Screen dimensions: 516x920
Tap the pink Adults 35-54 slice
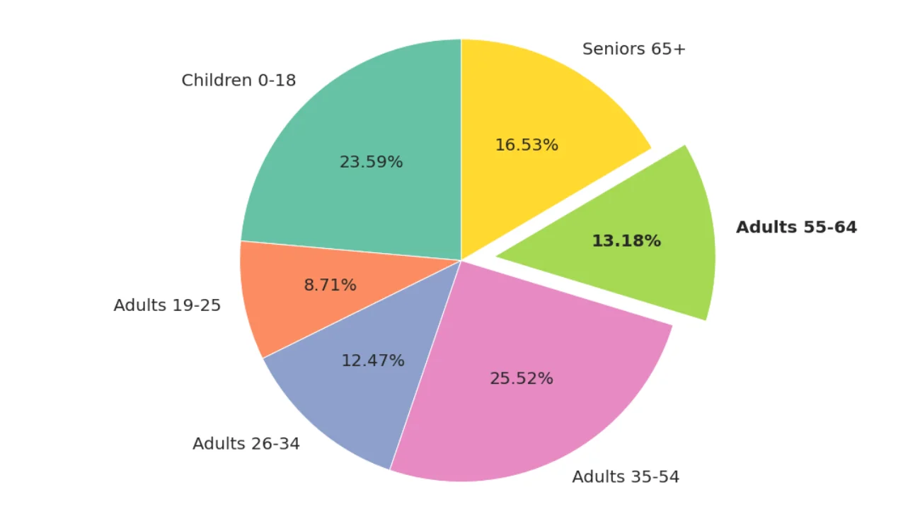(538, 417)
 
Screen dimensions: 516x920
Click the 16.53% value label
(527, 145)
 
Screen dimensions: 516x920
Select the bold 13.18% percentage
(626, 241)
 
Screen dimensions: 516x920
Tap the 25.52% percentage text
(522, 378)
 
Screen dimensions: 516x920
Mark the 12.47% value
(373, 360)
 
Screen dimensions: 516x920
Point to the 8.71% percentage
(330, 286)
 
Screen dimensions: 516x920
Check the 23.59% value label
(371, 162)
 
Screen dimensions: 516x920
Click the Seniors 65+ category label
(634, 49)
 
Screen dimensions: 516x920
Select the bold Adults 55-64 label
(796, 227)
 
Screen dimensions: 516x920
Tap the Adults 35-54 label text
(626, 477)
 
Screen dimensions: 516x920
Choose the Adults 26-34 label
(246, 443)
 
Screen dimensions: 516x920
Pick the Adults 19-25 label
(167, 305)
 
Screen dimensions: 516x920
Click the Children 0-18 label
(238, 80)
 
